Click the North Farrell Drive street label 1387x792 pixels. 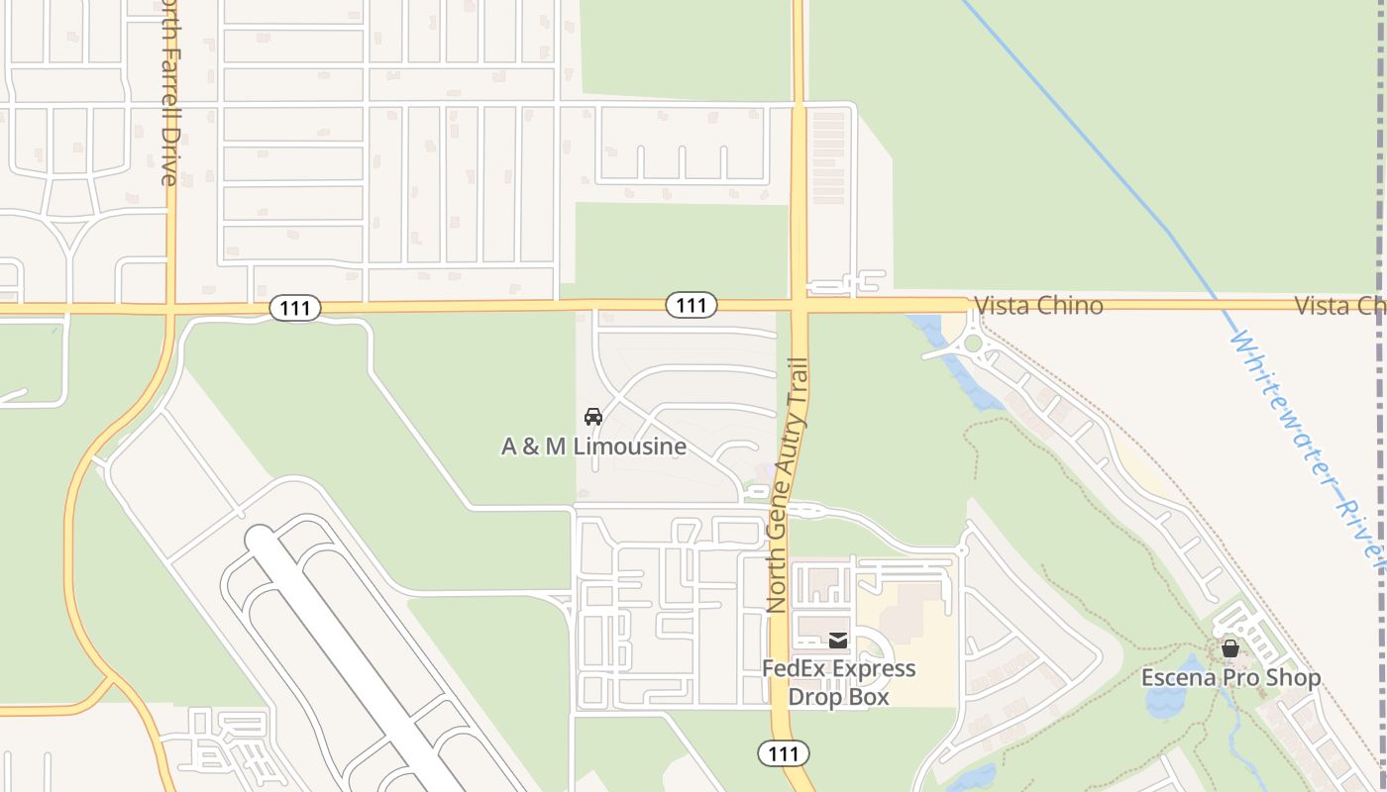click(x=169, y=94)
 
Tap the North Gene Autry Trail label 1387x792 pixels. click(x=789, y=485)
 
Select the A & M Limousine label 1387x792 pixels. click(x=593, y=446)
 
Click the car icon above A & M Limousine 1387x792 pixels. click(x=593, y=417)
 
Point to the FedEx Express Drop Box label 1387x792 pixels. click(x=838, y=683)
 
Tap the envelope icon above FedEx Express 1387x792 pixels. click(x=838, y=641)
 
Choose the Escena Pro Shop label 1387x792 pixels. click(x=1230, y=678)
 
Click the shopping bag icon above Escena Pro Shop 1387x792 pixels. click(x=1229, y=649)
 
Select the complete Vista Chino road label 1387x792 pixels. click(x=1038, y=305)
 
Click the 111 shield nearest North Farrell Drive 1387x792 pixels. click(x=294, y=309)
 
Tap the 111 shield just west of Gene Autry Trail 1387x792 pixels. click(x=691, y=305)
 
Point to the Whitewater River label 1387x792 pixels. click(x=1308, y=445)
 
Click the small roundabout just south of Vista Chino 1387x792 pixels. click(x=973, y=344)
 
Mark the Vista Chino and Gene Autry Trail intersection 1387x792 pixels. click(x=800, y=305)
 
